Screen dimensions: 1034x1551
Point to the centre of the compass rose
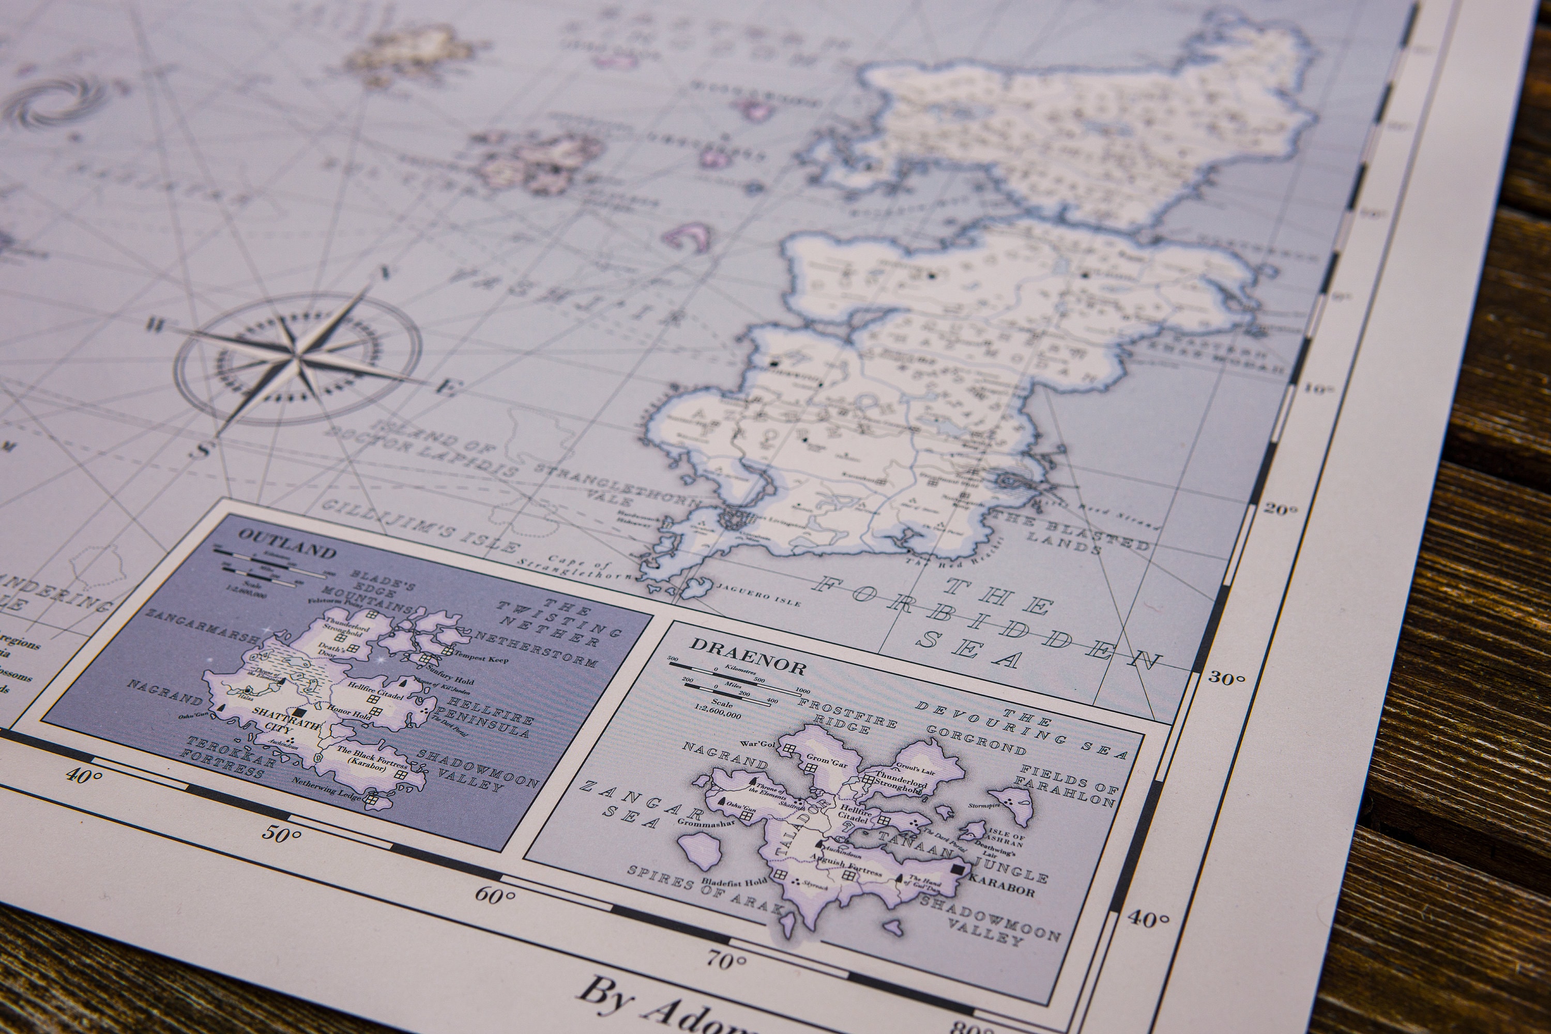pos(298,359)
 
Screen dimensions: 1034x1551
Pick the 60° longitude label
pos(495,895)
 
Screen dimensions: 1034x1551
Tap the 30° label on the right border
pos(1226,678)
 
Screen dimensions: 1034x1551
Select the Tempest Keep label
pos(481,658)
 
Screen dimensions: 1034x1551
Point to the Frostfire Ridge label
pos(847,715)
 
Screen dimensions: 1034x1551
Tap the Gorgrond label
pos(976,740)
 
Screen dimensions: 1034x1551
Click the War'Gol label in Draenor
pos(758,744)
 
